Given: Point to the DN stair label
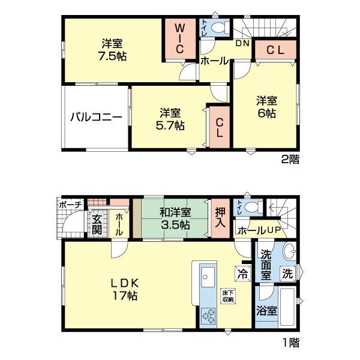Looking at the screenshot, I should (x=242, y=44).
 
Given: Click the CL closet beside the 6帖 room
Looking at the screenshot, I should (x=275, y=50).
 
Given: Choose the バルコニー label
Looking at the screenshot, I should (x=95, y=117).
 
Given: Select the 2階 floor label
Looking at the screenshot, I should (x=290, y=160).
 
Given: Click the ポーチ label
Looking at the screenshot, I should (x=70, y=205).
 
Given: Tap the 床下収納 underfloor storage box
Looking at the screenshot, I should (x=227, y=295).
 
